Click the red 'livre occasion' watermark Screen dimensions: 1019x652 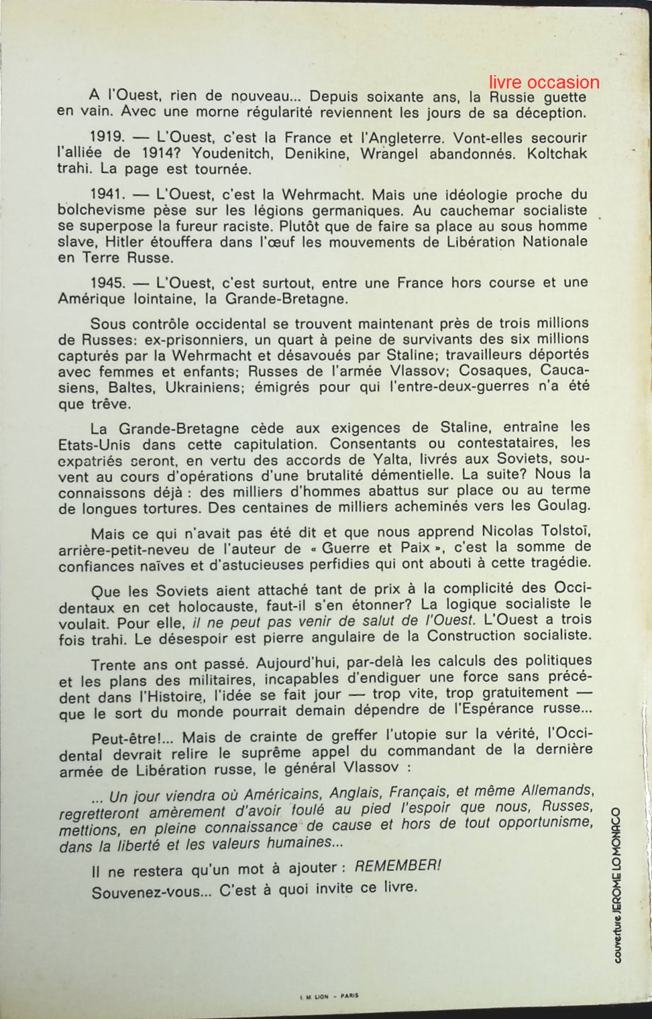point(544,82)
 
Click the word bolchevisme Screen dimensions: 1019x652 point(101,211)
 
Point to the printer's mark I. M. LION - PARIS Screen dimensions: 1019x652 point(329,996)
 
